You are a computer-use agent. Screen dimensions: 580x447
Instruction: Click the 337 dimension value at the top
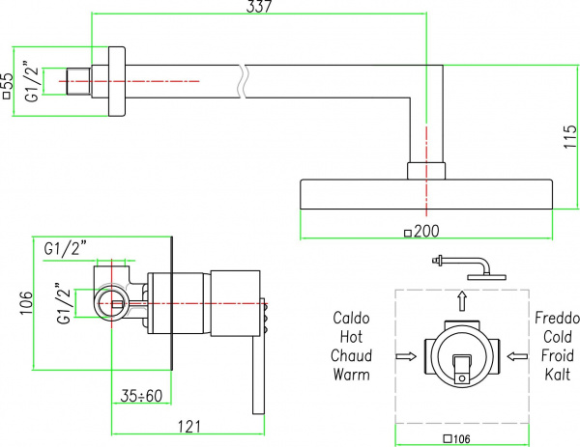(x=258, y=6)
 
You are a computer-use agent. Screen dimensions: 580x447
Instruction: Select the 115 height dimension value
(x=570, y=137)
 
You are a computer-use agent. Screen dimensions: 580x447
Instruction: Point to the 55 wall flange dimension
(x=8, y=85)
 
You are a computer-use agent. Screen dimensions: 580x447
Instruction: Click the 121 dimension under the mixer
(x=189, y=427)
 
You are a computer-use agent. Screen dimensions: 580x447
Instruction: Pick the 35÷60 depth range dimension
(x=141, y=396)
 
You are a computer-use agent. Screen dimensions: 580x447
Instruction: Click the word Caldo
(x=351, y=318)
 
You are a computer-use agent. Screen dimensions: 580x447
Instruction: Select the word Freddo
(x=557, y=318)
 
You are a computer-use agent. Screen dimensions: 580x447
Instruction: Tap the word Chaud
(x=351, y=355)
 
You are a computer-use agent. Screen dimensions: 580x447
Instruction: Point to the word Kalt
(x=558, y=375)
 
